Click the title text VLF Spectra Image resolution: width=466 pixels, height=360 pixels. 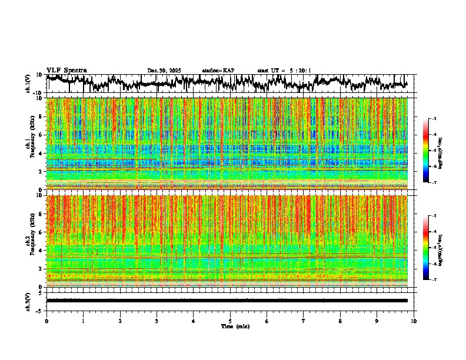point(66,70)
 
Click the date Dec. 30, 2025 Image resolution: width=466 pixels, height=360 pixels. point(164,71)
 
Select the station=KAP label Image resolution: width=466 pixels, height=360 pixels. point(218,71)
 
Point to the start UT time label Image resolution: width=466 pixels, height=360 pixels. point(284,71)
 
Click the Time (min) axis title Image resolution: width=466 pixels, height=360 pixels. point(235,326)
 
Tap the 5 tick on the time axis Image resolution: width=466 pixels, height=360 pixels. point(230,321)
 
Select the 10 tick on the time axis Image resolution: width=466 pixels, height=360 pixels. point(414,321)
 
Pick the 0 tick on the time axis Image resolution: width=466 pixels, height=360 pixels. point(46,321)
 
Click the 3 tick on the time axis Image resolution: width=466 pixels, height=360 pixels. point(157,321)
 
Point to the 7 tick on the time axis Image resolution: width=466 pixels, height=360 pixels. point(304,321)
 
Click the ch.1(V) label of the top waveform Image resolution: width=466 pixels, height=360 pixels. point(28,84)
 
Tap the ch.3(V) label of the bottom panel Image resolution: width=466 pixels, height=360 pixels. point(28,301)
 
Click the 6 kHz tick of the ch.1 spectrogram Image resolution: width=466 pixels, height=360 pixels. point(41,135)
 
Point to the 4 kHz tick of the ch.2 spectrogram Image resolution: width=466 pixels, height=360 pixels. point(41,250)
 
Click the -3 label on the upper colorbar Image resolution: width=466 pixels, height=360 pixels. point(434,119)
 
